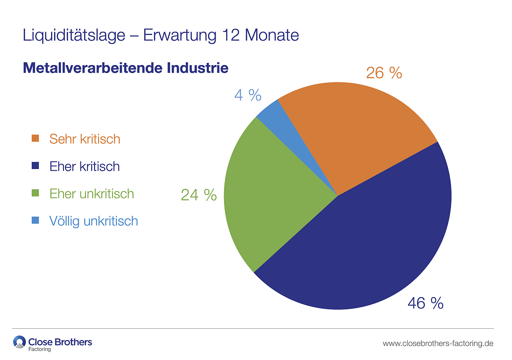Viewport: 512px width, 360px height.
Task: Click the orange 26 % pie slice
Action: point(359,131)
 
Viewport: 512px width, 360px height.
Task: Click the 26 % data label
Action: point(384,73)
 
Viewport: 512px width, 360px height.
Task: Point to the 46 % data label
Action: point(425,303)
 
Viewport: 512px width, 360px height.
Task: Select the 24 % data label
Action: point(199,195)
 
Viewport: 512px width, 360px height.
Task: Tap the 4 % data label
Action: point(248,95)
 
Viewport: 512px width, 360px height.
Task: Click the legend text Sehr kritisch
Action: point(85,139)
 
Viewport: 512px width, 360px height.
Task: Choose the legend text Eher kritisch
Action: point(85,166)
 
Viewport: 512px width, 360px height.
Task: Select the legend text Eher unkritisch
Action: point(92,194)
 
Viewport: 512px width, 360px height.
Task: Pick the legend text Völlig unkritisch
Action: point(93,221)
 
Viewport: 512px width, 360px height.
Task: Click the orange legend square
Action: point(36,139)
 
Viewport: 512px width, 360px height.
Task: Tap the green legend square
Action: point(36,194)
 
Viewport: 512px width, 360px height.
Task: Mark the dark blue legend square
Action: point(36,166)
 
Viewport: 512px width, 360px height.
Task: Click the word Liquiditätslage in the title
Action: point(74,35)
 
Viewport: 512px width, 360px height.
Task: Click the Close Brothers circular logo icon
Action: point(19,342)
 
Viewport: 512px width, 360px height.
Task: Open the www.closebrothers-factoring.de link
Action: point(438,343)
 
